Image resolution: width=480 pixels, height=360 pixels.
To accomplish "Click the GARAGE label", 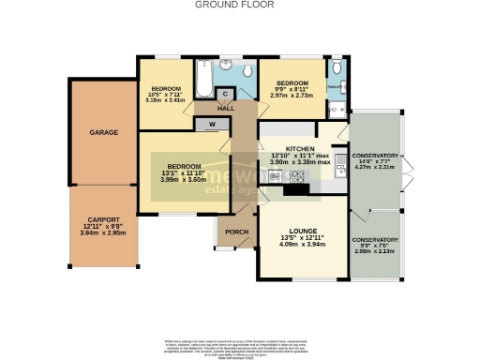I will point(103,133).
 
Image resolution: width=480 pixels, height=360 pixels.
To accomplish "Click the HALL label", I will point(225,109).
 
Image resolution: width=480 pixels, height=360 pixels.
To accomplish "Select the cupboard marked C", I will point(225,93).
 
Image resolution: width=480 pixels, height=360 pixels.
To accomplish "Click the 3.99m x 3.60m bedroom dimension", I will point(180,179).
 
